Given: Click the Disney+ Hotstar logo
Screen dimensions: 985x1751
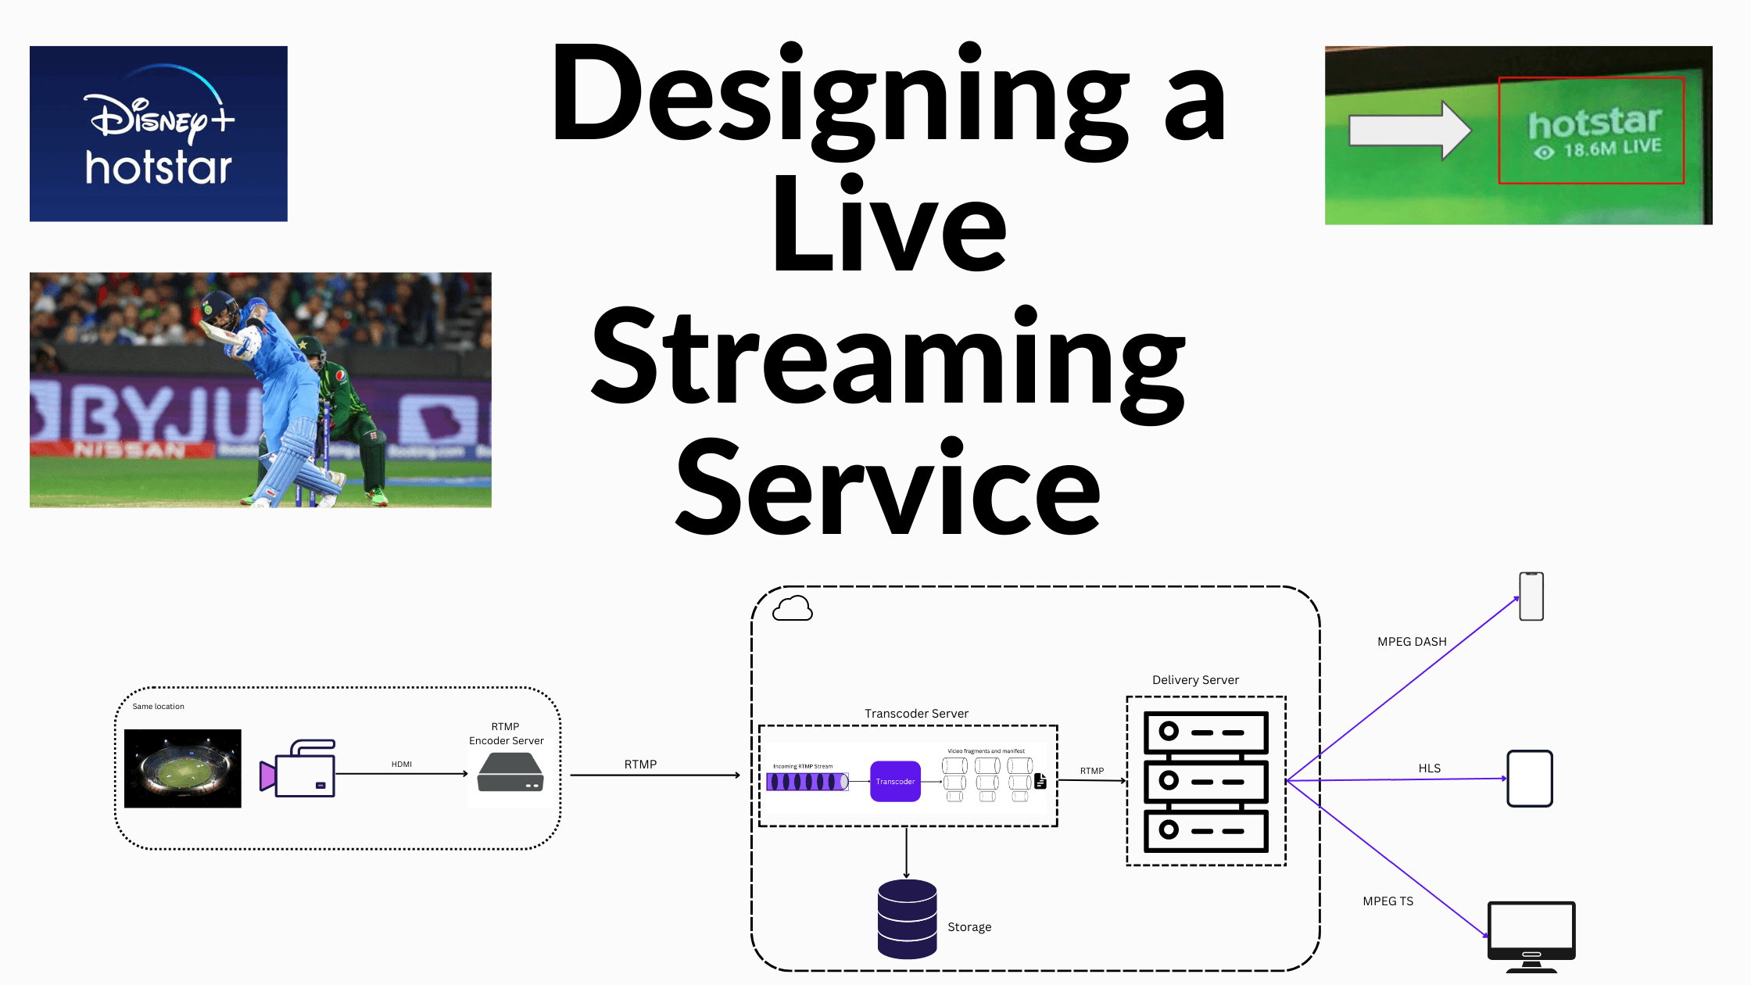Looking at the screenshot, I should [x=159, y=134].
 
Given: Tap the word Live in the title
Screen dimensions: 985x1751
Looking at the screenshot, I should [x=889, y=224].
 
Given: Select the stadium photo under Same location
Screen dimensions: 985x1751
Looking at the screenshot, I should [x=183, y=768].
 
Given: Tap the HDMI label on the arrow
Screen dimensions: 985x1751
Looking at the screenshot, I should [x=402, y=764].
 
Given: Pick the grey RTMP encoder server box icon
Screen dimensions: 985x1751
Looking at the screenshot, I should [x=510, y=772].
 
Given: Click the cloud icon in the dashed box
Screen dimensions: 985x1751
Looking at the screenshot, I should [x=793, y=608].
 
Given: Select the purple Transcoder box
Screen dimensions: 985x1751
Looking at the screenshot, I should [x=895, y=781].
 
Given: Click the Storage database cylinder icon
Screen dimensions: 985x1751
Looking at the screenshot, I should [x=907, y=919].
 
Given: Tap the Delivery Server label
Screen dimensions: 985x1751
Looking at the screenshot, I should [x=1195, y=680].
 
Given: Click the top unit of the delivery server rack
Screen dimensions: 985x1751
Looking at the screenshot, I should [x=1205, y=732].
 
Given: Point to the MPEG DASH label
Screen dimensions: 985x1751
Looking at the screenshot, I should [x=1412, y=642].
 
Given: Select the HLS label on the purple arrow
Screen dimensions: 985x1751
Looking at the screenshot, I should [x=1430, y=768].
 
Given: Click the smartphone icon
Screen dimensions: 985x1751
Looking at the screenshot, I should [x=1531, y=596].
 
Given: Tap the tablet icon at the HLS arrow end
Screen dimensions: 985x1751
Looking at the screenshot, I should [x=1530, y=779].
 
